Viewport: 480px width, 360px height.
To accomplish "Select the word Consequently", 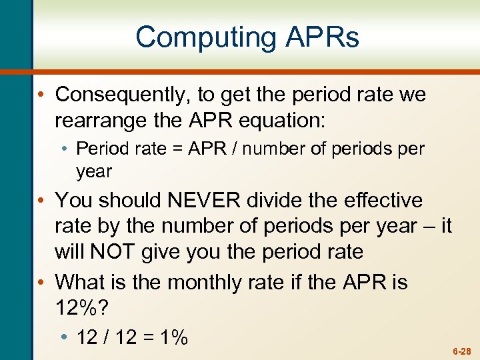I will [121, 95].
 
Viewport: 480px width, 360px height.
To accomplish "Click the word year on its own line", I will [94, 171].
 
